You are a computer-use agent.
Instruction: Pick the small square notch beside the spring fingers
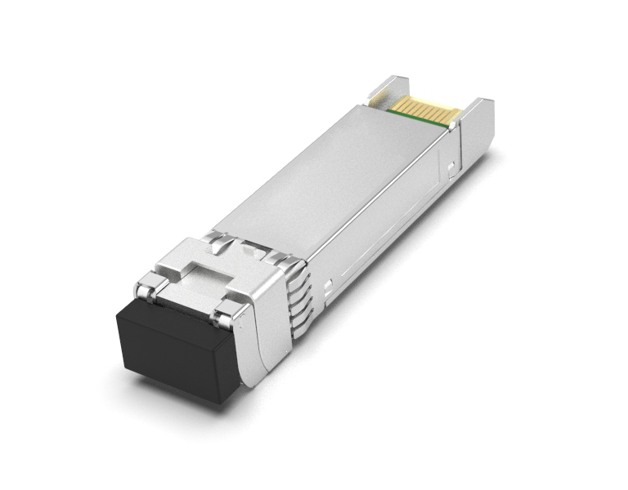click(327, 287)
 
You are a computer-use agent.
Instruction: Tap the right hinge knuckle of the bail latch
click(222, 314)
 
